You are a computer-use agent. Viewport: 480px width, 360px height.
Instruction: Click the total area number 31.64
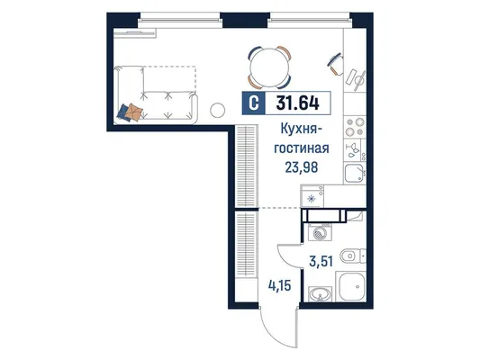click(297, 103)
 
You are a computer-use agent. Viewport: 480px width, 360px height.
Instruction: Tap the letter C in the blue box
click(253, 103)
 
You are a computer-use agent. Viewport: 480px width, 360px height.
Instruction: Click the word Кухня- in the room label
click(301, 129)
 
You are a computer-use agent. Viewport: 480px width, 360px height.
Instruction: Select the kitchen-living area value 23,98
click(301, 167)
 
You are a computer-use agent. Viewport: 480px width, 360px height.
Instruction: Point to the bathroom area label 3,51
click(321, 262)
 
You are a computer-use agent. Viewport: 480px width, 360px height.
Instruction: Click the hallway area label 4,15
click(279, 286)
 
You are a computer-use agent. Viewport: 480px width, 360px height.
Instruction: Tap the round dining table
click(269, 67)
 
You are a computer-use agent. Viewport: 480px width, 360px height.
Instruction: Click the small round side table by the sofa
click(218, 110)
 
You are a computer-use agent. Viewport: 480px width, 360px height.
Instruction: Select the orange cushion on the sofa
click(134, 112)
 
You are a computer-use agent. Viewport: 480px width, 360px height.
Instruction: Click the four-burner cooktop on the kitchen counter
click(355, 126)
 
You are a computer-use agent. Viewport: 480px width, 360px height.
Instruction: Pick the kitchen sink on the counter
click(355, 174)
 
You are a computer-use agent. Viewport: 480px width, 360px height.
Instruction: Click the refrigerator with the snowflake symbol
click(312, 196)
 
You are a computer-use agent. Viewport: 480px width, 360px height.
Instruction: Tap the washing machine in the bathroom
click(321, 232)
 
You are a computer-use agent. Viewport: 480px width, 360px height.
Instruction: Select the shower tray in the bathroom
click(351, 286)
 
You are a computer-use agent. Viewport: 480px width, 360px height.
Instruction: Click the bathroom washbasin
click(321, 294)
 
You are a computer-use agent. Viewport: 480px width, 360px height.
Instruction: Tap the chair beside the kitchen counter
click(336, 64)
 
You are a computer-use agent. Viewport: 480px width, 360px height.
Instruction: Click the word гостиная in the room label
click(301, 148)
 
